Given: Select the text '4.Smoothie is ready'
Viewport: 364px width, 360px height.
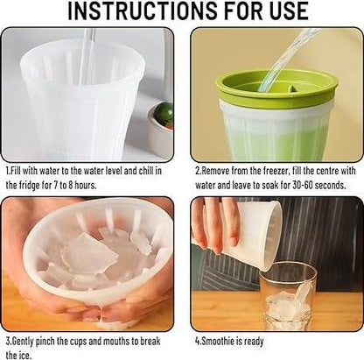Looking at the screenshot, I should coord(232,340).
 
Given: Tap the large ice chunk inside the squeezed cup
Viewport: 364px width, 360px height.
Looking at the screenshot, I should coord(87,254).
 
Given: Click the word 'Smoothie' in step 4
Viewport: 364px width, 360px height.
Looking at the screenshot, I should coord(219,340).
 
